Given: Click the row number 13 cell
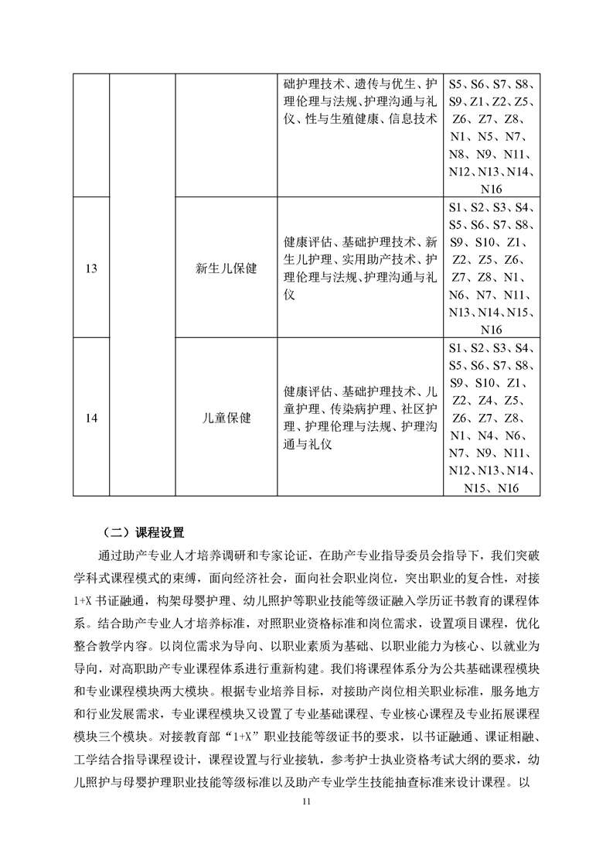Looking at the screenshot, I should [91, 268].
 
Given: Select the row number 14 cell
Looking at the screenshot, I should [91, 418].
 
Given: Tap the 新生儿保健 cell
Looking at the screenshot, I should [226, 268].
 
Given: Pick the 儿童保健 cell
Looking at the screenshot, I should [226, 418].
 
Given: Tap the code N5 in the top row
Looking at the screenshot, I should [487, 136].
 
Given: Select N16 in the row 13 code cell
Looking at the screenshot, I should [491, 330].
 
